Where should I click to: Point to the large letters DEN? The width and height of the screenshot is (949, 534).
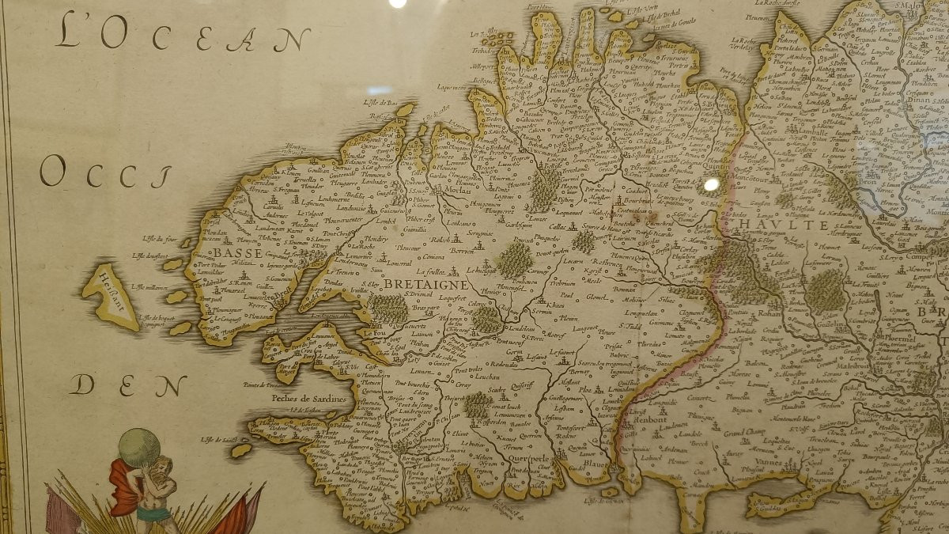pos(127,385)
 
